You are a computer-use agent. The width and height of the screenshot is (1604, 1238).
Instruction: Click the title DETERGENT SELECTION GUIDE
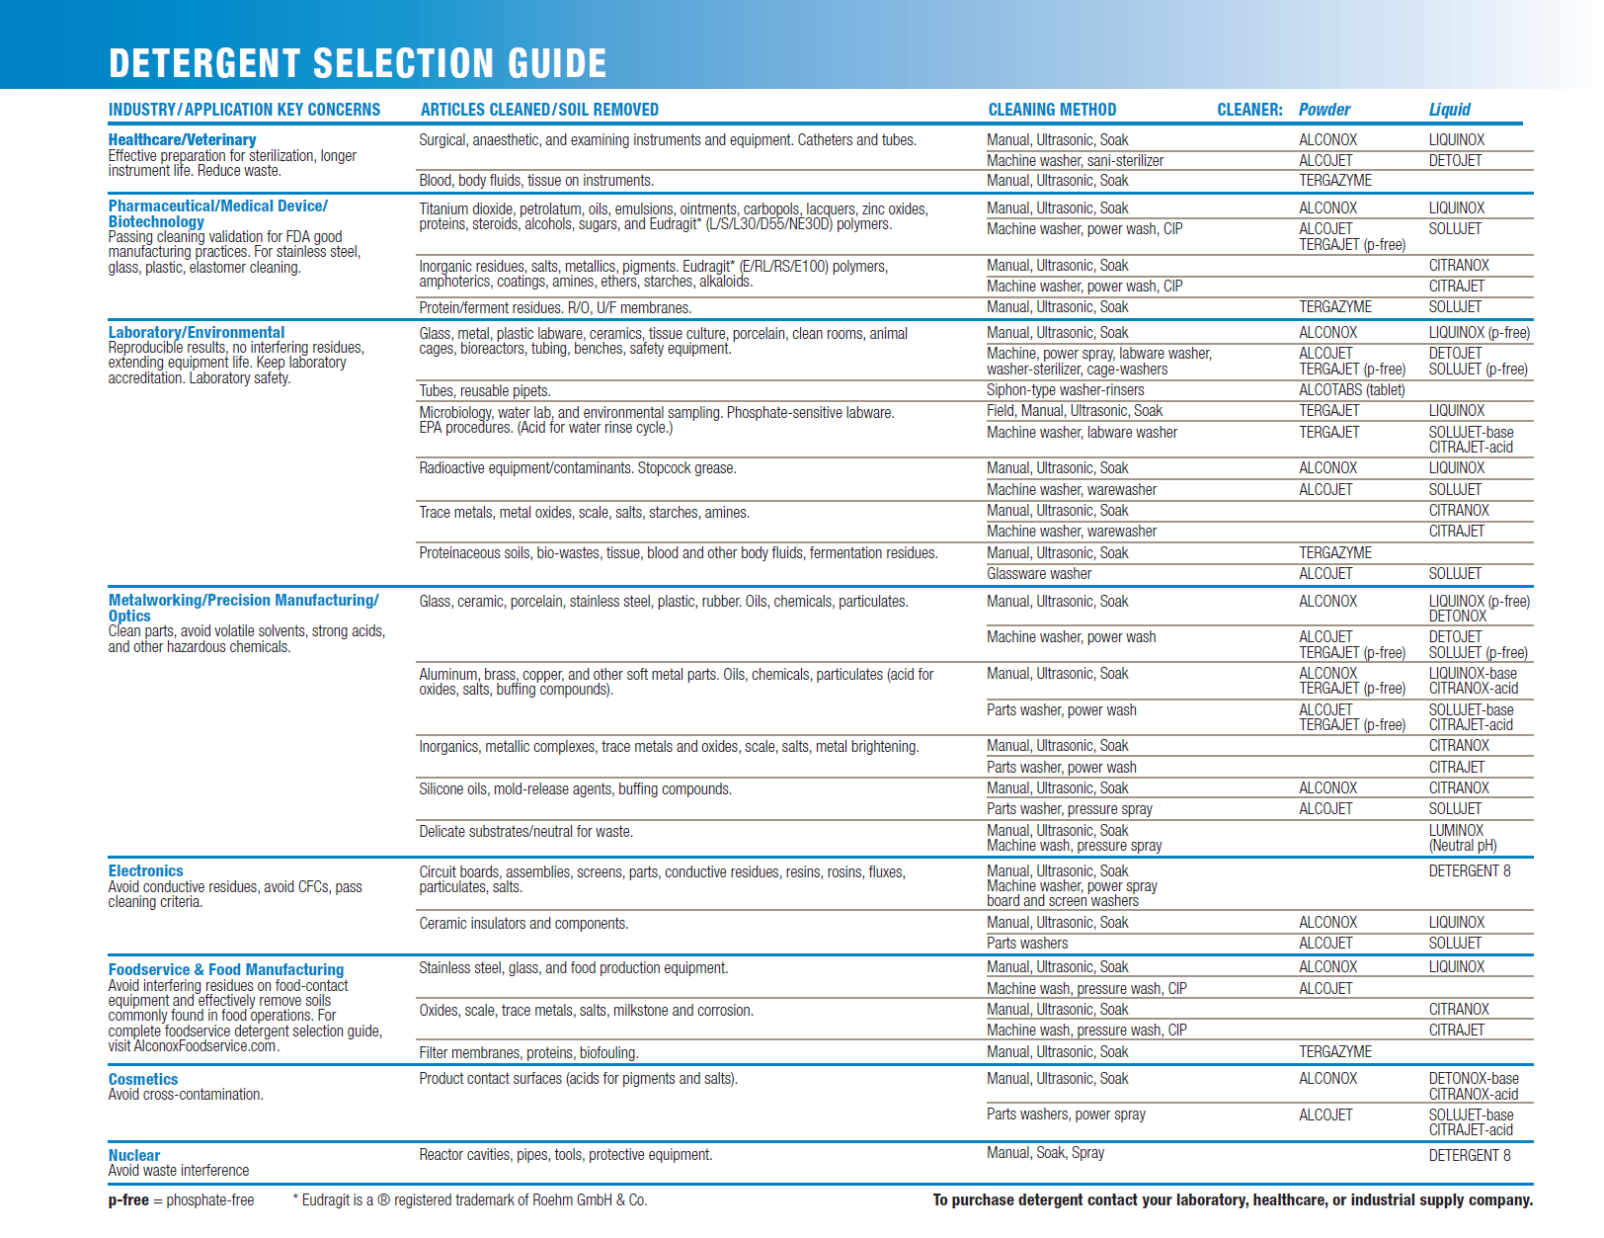(358, 63)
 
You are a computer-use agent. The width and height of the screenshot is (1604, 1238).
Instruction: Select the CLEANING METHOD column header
(1052, 110)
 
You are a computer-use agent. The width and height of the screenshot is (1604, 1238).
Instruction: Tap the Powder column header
(1323, 110)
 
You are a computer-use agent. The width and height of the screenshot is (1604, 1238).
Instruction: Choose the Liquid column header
(1449, 110)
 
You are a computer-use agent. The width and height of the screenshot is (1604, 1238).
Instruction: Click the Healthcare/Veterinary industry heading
(182, 140)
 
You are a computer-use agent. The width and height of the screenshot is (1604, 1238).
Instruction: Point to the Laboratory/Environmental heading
(196, 333)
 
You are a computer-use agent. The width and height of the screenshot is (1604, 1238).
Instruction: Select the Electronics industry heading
(145, 871)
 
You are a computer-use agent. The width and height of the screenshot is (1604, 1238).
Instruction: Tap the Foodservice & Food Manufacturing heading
(226, 970)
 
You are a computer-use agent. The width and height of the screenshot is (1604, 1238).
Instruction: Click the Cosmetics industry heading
(143, 1080)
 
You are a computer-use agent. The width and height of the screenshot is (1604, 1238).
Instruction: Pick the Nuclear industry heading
(133, 1156)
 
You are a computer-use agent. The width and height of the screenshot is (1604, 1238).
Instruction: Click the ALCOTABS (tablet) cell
(1351, 390)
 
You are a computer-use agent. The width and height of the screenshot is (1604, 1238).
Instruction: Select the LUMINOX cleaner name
(1456, 831)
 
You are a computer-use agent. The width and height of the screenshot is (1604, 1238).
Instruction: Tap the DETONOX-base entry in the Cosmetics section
(1474, 1079)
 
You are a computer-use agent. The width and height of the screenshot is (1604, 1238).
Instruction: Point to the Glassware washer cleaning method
(1039, 574)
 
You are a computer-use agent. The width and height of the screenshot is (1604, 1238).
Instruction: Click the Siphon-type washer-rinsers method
(1065, 390)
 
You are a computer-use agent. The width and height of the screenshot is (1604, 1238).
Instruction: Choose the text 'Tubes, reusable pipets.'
(485, 391)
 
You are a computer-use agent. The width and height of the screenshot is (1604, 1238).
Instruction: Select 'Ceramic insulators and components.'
(523, 924)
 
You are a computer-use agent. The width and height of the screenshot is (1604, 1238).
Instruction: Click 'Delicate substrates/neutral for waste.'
(525, 832)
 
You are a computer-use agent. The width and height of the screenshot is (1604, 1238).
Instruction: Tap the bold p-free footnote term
(128, 1200)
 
